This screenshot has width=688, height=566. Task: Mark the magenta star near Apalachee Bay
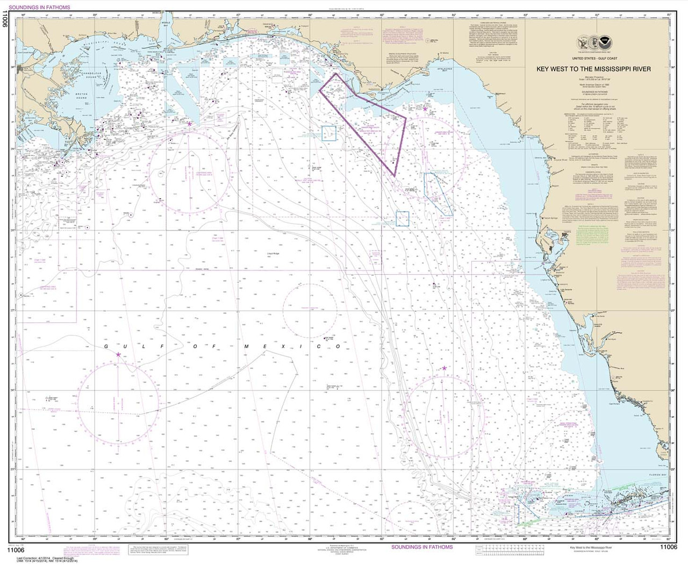[x=425, y=109]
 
